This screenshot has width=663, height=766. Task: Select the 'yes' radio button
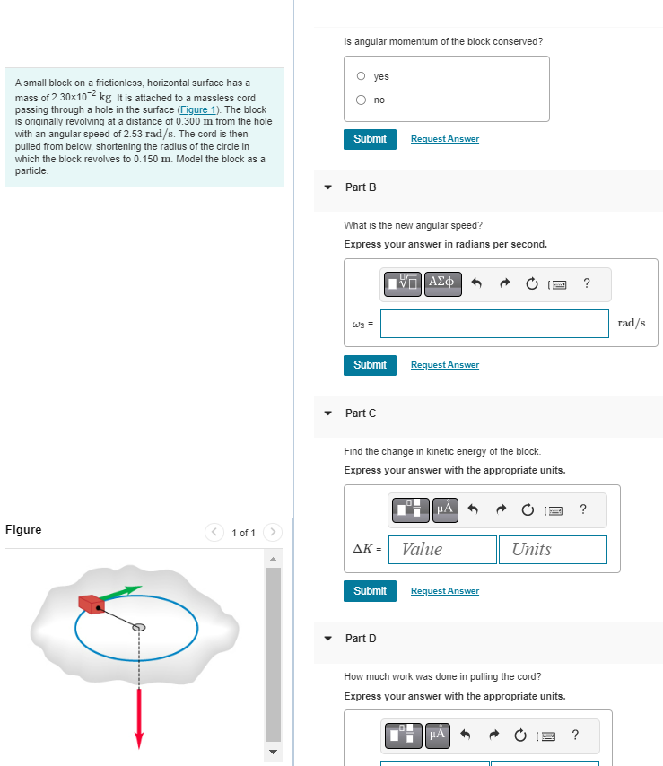[x=361, y=76]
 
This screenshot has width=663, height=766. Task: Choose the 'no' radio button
[x=361, y=100]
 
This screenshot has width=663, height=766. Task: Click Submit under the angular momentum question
[x=370, y=139]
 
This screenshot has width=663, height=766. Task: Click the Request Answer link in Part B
[x=444, y=365]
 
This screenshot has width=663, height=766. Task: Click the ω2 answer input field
[x=493, y=324]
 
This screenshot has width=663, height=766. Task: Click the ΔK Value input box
[x=443, y=549]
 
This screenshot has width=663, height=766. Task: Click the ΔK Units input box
[x=553, y=549]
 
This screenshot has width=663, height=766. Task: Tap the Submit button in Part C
[x=370, y=591]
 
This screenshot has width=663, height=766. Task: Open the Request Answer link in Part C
[x=444, y=591]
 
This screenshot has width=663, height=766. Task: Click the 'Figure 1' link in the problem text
[x=201, y=109]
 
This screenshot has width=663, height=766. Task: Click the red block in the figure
[x=92, y=604]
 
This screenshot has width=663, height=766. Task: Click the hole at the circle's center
[x=139, y=627]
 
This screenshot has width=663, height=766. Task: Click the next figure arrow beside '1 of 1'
[x=272, y=533]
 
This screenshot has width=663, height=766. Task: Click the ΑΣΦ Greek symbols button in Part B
[x=443, y=283]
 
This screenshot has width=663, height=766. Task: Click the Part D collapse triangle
[x=328, y=639]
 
